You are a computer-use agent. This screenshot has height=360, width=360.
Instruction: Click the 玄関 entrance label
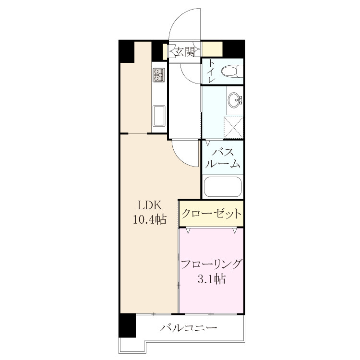tap(185, 52)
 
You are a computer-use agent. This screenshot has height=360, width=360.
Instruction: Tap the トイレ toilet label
tap(212, 71)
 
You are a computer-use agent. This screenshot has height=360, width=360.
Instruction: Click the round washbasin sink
tap(234, 100)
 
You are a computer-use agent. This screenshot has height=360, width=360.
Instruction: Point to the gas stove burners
tap(159, 75)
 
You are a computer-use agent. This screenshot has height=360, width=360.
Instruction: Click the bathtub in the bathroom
tap(223, 186)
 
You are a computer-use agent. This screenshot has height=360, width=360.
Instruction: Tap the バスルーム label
tap(223, 158)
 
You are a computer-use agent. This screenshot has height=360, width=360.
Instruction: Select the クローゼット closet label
tap(211, 214)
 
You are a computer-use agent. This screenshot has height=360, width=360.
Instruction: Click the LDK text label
tap(150, 205)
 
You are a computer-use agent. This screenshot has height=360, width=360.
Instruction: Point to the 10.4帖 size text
tap(150, 219)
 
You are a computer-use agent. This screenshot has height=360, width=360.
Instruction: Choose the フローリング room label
tap(211, 264)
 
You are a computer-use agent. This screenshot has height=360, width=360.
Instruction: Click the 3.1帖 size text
tap(211, 279)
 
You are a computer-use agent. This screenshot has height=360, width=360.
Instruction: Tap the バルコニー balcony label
tap(188, 327)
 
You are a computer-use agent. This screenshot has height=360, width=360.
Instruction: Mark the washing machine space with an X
tap(233, 127)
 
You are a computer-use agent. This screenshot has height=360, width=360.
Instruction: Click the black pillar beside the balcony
tap(127, 325)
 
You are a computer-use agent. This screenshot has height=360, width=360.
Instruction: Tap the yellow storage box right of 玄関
tap(212, 49)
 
